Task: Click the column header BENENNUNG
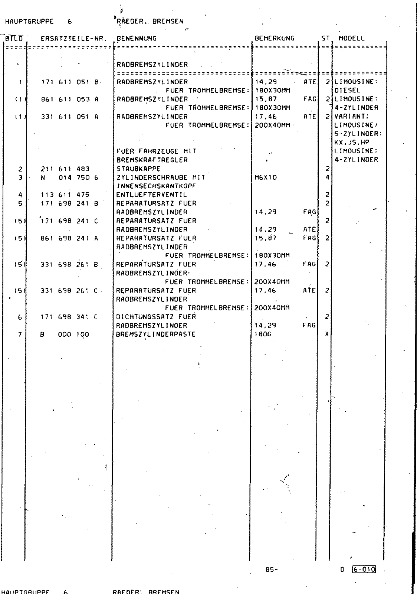pyautogui.click(x=137, y=38)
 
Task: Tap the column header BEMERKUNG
pyautogui.click(x=275, y=38)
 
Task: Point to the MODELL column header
pyautogui.click(x=352, y=38)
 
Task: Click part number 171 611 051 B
pyautogui.click(x=69, y=82)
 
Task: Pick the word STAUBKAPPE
pyautogui.click(x=138, y=169)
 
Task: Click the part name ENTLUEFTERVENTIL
pyautogui.click(x=152, y=195)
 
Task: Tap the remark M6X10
pyautogui.click(x=266, y=177)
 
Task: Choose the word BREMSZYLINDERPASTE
pyautogui.click(x=156, y=334)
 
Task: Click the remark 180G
pyautogui.click(x=263, y=334)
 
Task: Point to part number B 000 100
pyautogui.click(x=65, y=334)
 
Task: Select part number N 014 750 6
pyautogui.click(x=69, y=177)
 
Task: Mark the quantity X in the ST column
pyautogui.click(x=327, y=334)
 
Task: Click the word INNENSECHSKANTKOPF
pyautogui.click(x=156, y=186)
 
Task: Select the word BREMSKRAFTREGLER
pyautogui.click(x=152, y=160)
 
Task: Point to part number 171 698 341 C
pyautogui.click(x=69, y=317)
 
